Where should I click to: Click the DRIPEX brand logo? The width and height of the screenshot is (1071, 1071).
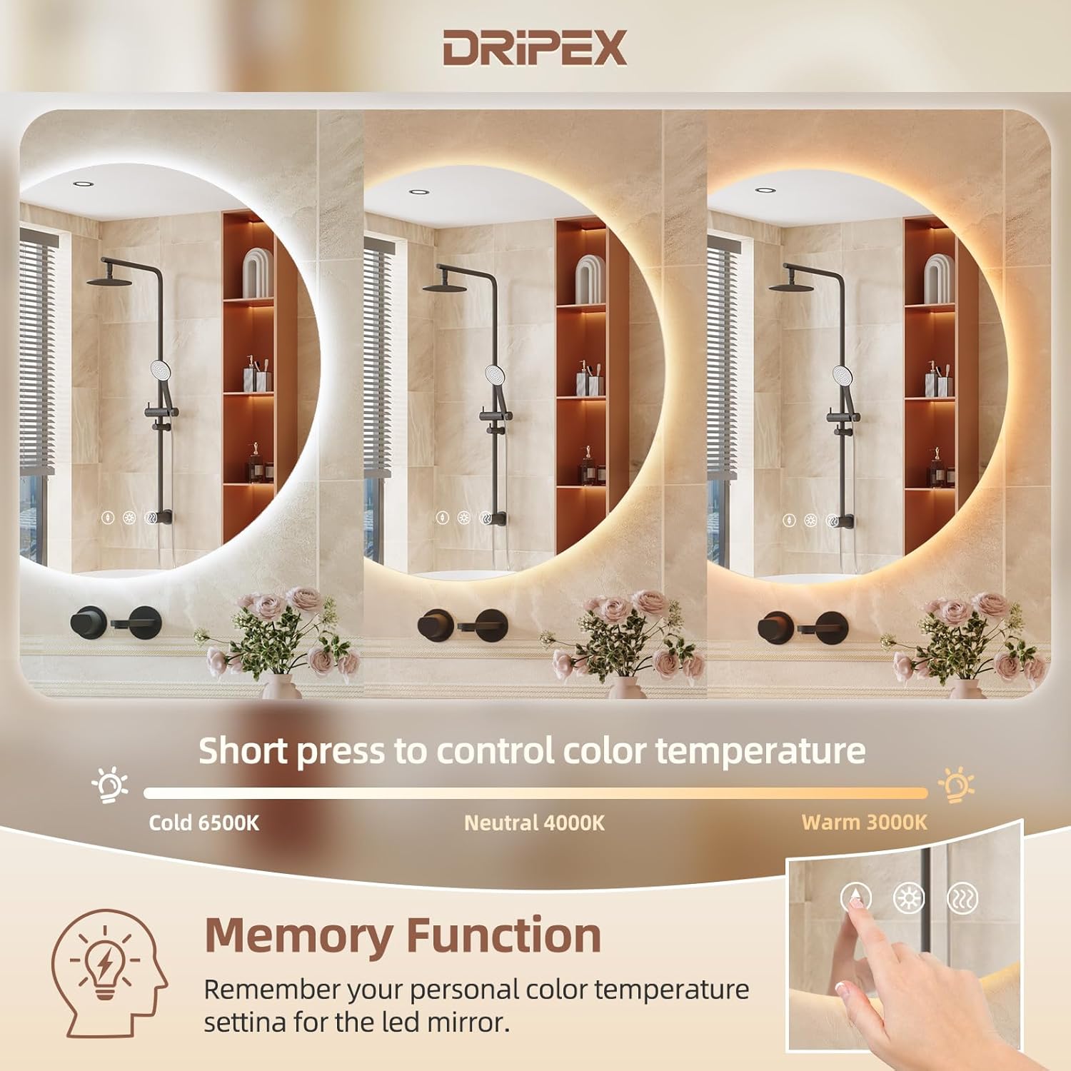(x=535, y=48)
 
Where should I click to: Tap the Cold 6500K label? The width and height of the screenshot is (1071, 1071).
(x=204, y=823)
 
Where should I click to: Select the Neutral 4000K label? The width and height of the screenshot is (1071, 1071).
(x=534, y=823)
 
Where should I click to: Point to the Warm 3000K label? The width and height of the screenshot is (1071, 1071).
(x=864, y=822)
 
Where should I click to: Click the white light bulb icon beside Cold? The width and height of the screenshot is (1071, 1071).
(x=110, y=785)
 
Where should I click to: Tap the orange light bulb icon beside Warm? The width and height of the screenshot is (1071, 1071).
(x=956, y=785)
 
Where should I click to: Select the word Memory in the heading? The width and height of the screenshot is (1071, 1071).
(x=298, y=935)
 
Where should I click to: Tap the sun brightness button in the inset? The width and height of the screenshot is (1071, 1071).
(x=909, y=898)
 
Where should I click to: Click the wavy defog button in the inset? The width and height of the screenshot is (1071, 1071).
(x=962, y=899)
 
